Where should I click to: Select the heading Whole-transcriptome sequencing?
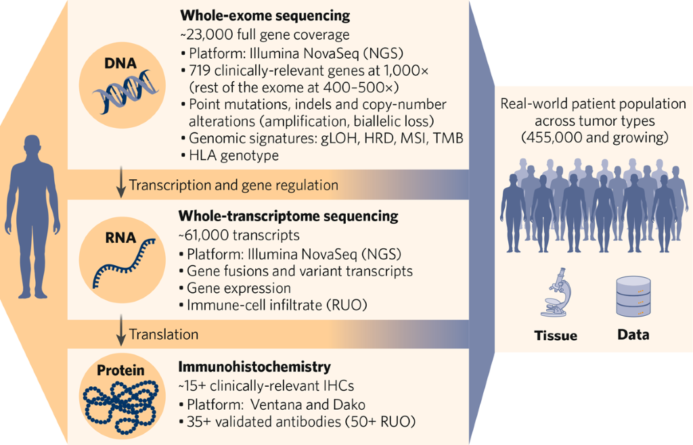[x=288, y=216]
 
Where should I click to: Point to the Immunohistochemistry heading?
[x=254, y=367]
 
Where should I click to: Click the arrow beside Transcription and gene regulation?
[x=120, y=185]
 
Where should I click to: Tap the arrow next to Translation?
[x=120, y=334]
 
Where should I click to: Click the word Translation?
[x=164, y=335]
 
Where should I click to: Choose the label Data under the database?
[x=633, y=335]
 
